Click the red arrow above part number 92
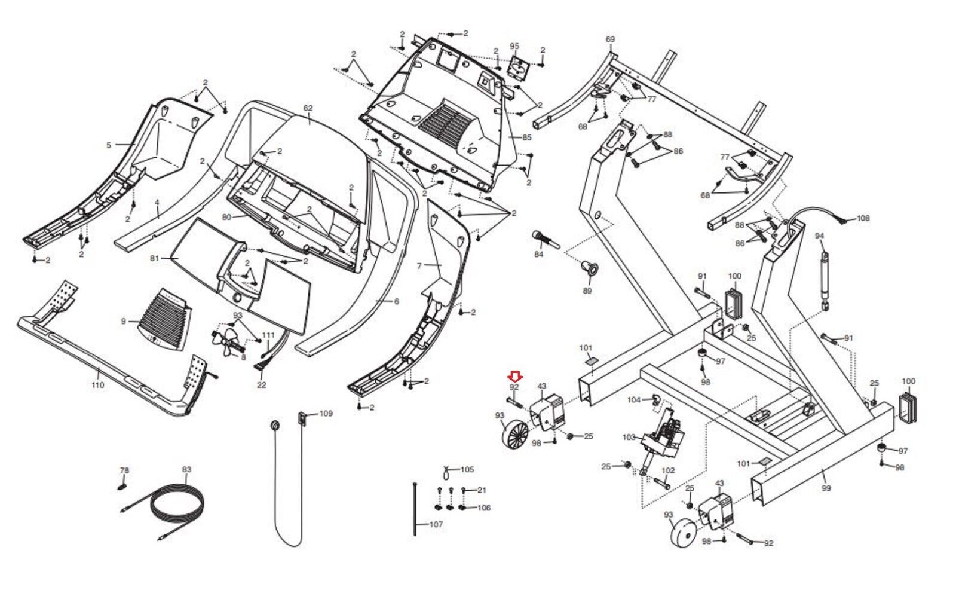(515, 376)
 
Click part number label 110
(98, 385)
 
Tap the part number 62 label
(308, 108)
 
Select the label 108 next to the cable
(863, 218)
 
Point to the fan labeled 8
(228, 340)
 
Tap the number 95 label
(514, 46)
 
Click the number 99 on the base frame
(826, 488)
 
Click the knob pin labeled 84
(545, 240)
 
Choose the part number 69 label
(610, 39)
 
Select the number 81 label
(155, 259)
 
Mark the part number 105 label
(467, 470)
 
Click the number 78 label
(124, 470)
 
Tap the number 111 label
(268, 335)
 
